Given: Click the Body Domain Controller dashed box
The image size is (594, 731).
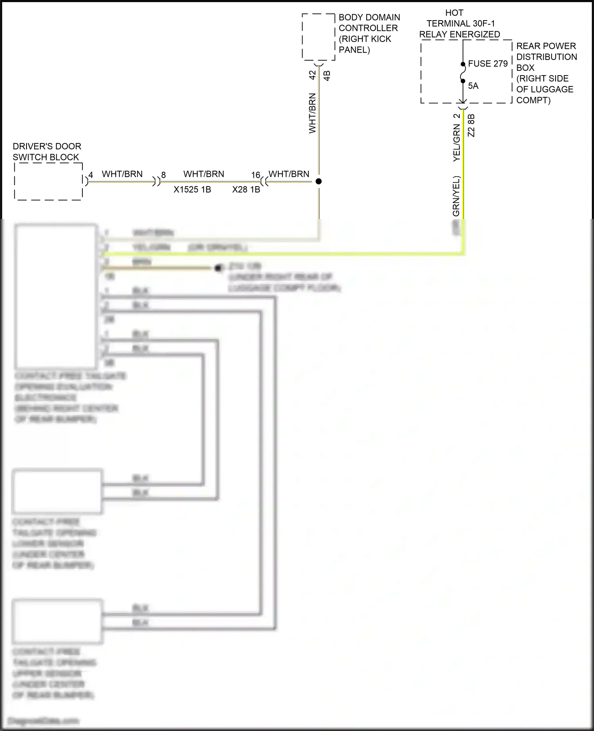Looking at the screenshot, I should coord(318,37).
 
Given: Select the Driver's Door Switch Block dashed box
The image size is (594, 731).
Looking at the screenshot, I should coord(48,181).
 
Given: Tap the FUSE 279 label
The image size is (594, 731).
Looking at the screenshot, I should coord(487,64).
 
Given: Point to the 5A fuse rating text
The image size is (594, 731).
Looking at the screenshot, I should coord(473,86).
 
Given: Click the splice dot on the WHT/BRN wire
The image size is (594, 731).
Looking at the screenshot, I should coord(318,181).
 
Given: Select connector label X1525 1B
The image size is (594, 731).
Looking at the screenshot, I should coord(192,190).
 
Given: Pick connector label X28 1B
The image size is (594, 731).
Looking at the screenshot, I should coord(246,190).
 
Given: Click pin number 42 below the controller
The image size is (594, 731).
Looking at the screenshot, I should coord(312,75).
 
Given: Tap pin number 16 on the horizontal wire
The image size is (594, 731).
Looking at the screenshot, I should coord(255,175).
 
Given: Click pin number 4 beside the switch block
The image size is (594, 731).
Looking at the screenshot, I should coord(91,175).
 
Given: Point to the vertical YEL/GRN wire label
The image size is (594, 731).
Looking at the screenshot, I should coord(457,143).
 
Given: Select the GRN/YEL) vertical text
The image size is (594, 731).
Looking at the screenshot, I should coord(457,196).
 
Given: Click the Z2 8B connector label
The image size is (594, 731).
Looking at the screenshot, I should coord(471,126).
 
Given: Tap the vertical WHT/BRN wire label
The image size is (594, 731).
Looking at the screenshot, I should coord(312,113).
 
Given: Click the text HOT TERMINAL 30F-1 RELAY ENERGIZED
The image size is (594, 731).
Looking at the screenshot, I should coord(459,24).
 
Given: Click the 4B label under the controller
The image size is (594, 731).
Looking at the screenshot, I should coord(327,76).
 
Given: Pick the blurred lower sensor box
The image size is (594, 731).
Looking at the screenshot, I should coord(57,491).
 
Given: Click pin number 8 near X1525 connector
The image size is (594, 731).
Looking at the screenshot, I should coord(164,175).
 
